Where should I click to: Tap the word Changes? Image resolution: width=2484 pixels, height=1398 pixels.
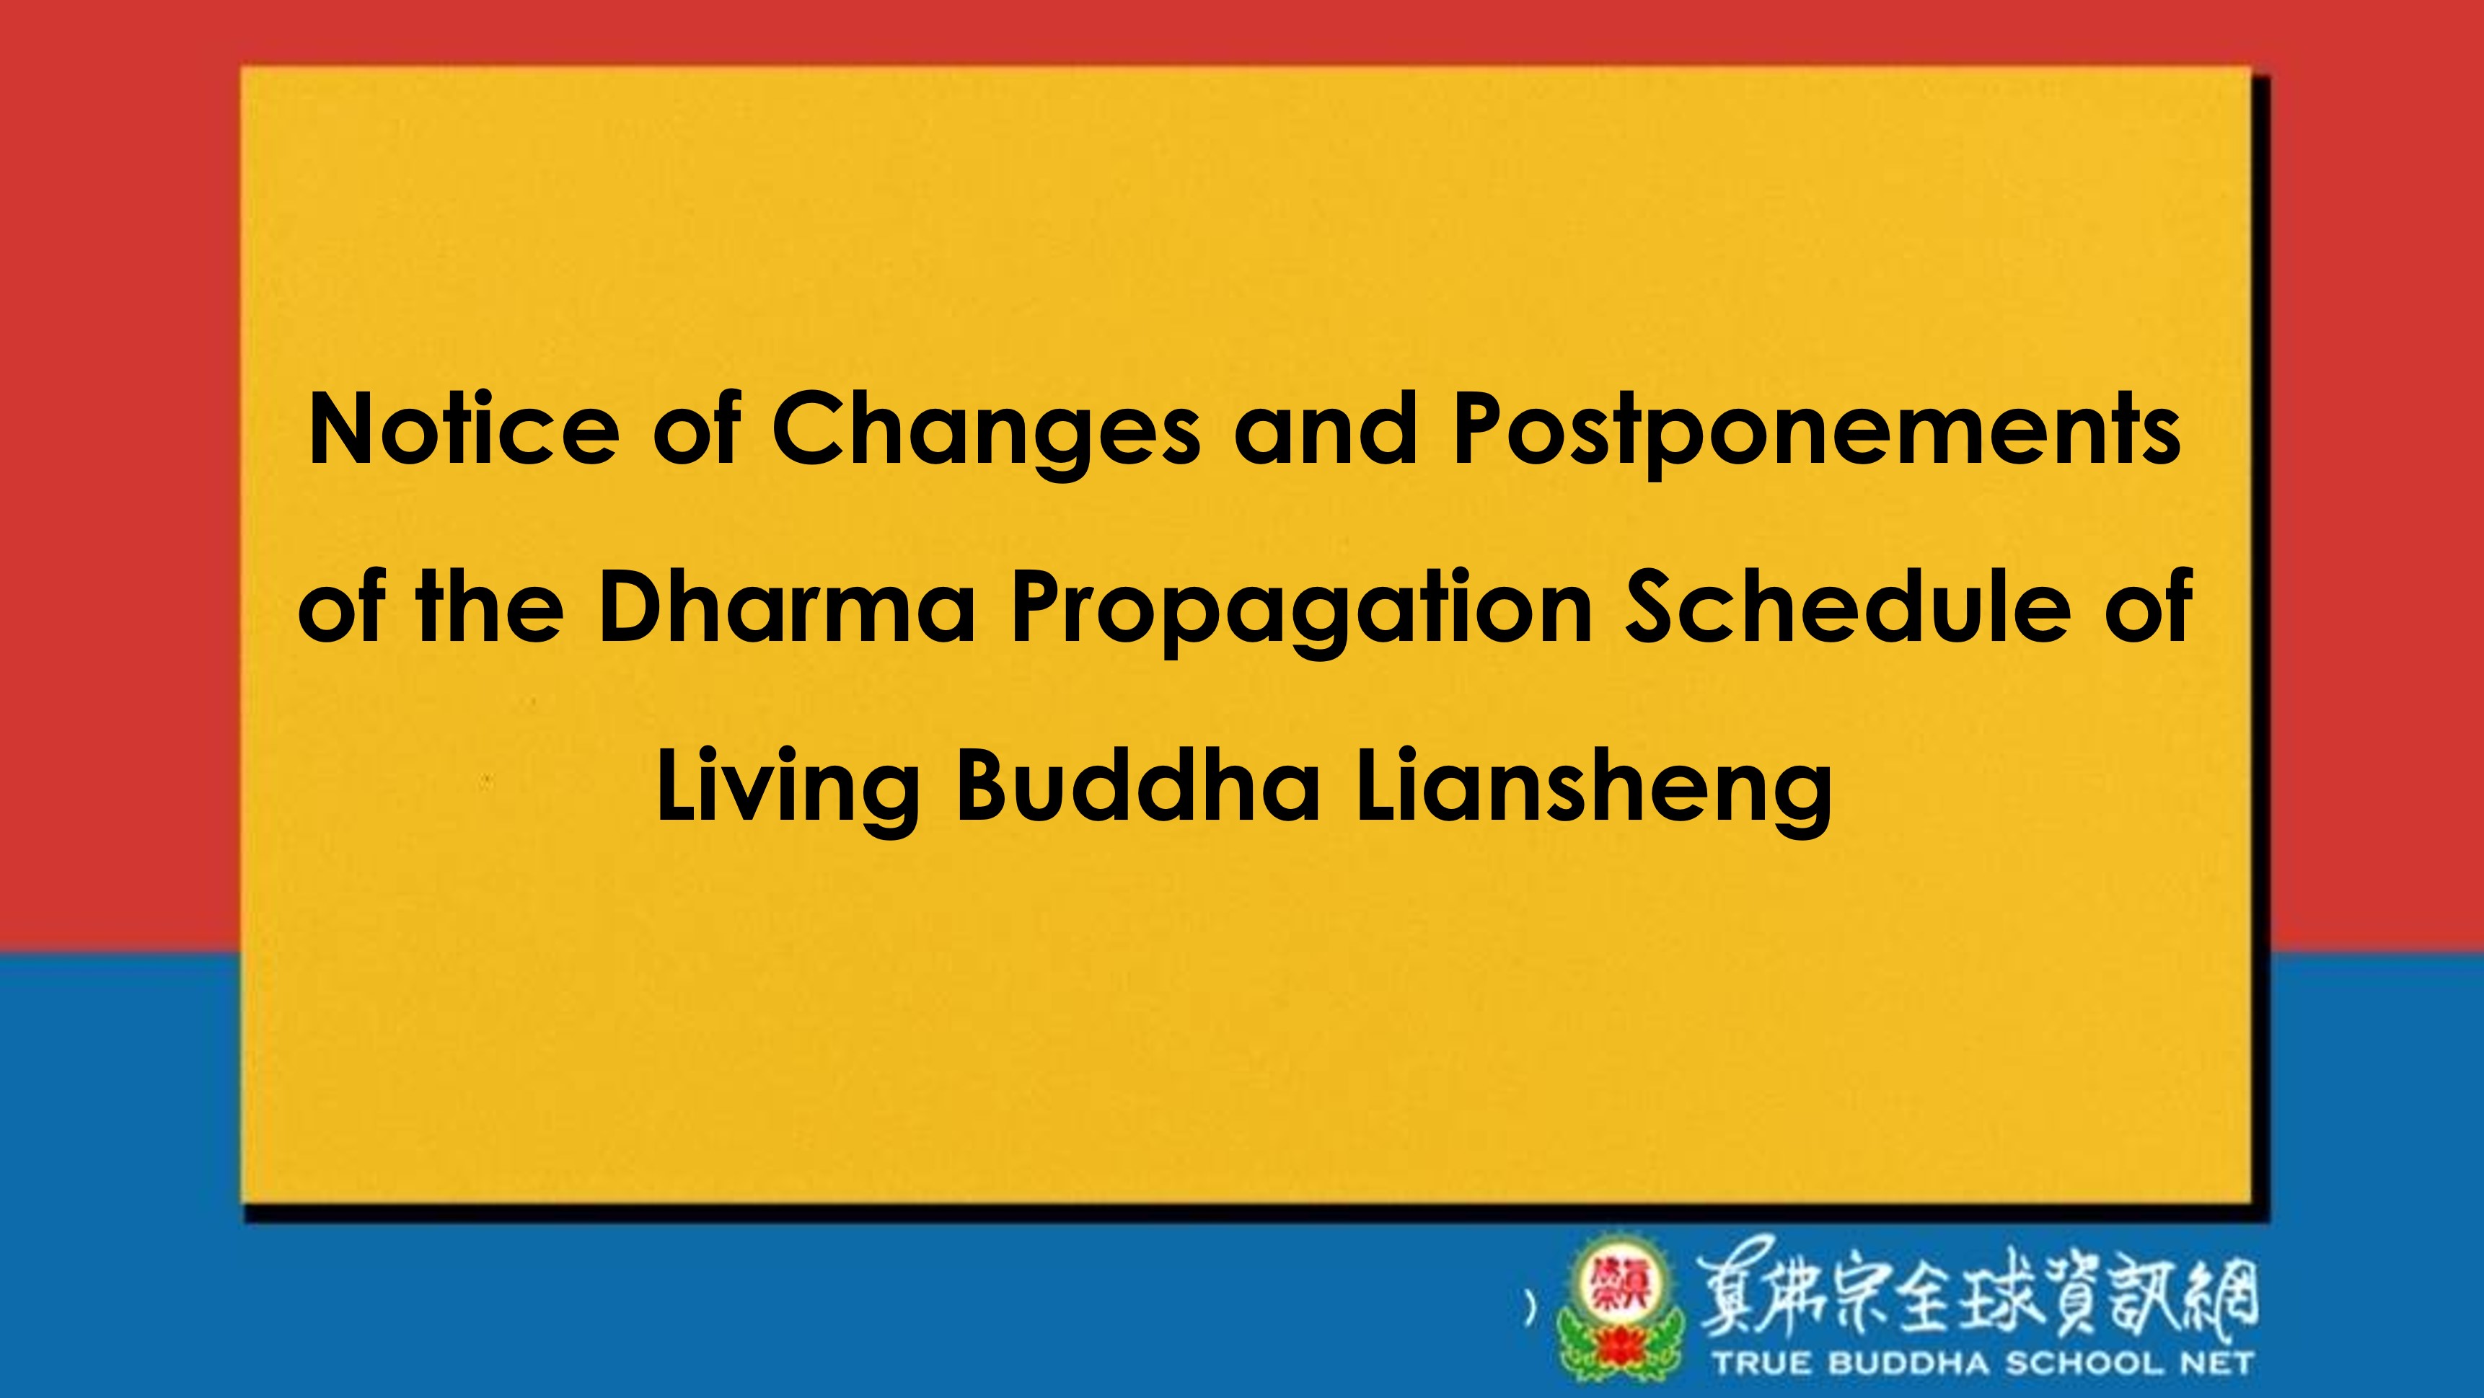(987, 435)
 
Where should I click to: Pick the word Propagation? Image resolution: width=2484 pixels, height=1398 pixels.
(1302, 613)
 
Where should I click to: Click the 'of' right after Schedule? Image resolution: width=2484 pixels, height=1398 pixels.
(2149, 606)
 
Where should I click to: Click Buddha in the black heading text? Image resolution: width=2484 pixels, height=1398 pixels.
(1138, 784)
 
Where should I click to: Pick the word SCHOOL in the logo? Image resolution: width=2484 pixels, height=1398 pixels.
(2084, 1364)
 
